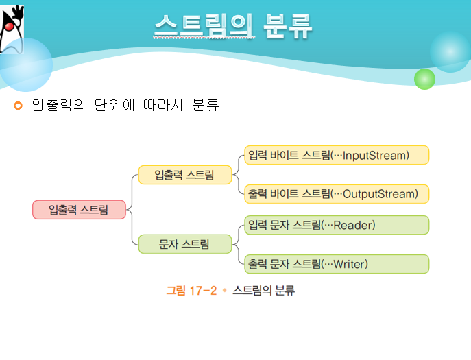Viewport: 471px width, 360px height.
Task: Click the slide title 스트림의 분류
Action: (233, 27)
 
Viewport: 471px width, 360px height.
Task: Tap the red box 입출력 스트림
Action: (79, 210)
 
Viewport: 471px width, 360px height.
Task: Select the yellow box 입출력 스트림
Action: (184, 175)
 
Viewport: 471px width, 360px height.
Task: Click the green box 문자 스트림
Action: (184, 244)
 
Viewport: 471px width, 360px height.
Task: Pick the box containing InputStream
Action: (336, 155)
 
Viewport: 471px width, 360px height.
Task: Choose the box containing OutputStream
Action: (336, 194)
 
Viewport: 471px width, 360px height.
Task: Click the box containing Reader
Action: (336, 225)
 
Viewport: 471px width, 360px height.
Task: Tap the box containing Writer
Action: (336, 264)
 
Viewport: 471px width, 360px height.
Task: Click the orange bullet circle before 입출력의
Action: (19, 106)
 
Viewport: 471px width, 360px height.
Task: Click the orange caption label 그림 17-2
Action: (191, 291)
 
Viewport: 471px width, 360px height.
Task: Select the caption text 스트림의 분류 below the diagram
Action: (264, 291)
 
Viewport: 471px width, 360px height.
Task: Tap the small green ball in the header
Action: (425, 79)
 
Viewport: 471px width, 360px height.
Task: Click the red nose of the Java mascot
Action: (9, 25)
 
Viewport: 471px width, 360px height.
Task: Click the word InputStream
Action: (375, 156)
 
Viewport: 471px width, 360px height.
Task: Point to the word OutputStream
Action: (380, 194)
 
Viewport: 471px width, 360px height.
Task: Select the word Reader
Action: (354, 225)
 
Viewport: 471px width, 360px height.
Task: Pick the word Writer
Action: (350, 264)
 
